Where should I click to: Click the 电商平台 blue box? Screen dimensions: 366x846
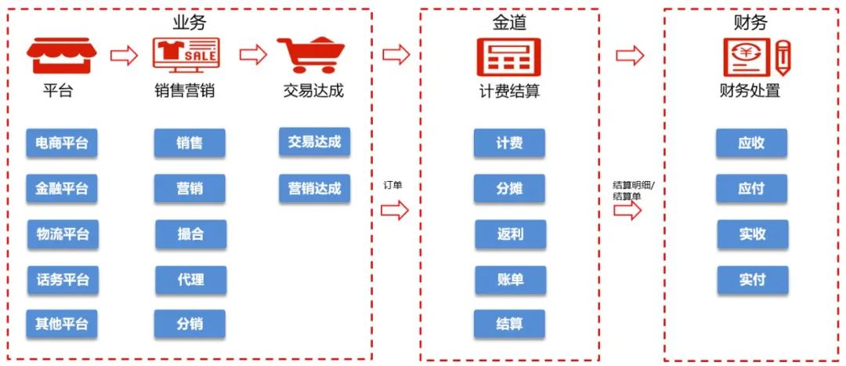[62, 143]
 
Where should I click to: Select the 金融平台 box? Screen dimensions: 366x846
[62, 189]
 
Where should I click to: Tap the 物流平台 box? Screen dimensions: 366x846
[63, 234]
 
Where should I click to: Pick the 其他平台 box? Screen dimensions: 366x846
[62, 324]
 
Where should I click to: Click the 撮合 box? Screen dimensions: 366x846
[190, 234]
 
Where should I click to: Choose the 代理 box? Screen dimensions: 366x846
[190, 280]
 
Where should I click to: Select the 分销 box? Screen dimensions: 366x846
[190, 324]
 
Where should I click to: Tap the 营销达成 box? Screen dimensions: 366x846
[314, 188]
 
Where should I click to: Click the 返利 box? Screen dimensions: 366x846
[510, 234]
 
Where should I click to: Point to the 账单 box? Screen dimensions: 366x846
[510, 280]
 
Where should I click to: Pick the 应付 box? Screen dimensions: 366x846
[752, 189]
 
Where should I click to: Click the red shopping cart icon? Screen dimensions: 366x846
[311, 56]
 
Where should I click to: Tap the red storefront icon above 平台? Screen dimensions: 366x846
[61, 56]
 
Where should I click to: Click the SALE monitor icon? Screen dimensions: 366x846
[186, 56]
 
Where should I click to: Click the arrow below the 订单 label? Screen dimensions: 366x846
[396, 209]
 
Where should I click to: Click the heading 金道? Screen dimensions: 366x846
[509, 23]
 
